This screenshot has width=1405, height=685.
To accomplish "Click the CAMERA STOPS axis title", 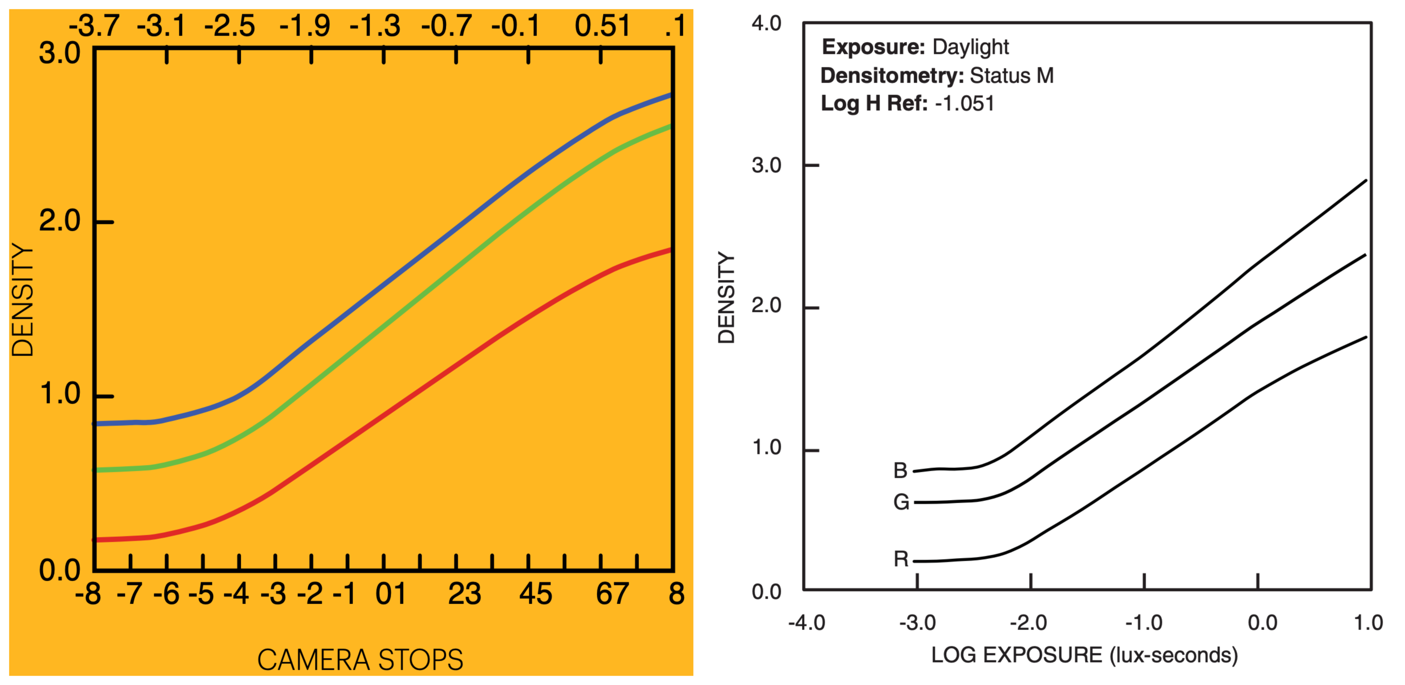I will pos(360,659).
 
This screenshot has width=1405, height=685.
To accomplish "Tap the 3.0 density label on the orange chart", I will pos(59,54).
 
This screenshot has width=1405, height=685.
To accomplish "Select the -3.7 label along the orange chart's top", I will pos(93,26).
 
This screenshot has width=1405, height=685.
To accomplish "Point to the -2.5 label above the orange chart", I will pos(229,26).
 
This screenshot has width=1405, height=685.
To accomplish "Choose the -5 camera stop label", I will pos(201,594).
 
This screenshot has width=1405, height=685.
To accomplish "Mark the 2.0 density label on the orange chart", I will pos(59,221).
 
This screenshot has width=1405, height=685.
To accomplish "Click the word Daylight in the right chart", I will pos(970,47).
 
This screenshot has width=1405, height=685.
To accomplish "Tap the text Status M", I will pos(1011,75).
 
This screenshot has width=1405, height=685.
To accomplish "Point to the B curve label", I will pos(900,470).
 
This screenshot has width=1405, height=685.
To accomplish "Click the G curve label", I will pos(901,502).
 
